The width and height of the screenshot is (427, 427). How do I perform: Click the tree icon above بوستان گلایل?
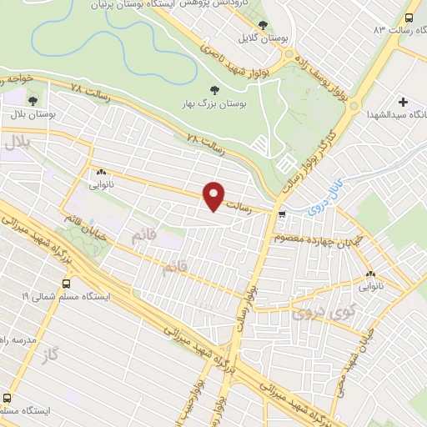[264, 26]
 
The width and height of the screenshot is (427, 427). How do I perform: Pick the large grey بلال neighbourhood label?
[18, 144]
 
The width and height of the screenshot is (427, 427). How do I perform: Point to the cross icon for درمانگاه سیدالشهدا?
[404, 100]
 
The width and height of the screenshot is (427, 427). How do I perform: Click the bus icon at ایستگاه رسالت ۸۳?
[409, 18]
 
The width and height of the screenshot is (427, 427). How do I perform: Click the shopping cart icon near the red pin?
[282, 214]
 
